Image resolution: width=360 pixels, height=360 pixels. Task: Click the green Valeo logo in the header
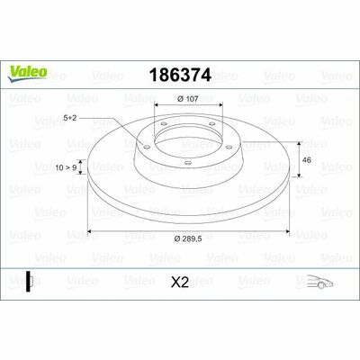pyautogui.click(x=27, y=73)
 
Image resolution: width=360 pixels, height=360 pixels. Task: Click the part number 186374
pyautogui.click(x=180, y=75)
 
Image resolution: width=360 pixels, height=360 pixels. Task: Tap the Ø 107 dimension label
pyautogui.click(x=188, y=98)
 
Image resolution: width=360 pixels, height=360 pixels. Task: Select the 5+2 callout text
pyautogui.click(x=70, y=118)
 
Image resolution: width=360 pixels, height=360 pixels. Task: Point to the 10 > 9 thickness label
pyautogui.click(x=66, y=167)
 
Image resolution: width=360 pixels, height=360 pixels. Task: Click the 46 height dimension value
pyautogui.click(x=307, y=160)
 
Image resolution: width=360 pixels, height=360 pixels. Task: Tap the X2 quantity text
pyautogui.click(x=180, y=283)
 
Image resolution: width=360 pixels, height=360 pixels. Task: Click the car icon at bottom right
pyautogui.click(x=319, y=282)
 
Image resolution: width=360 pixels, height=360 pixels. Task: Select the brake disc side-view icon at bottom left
pyautogui.click(x=29, y=282)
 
